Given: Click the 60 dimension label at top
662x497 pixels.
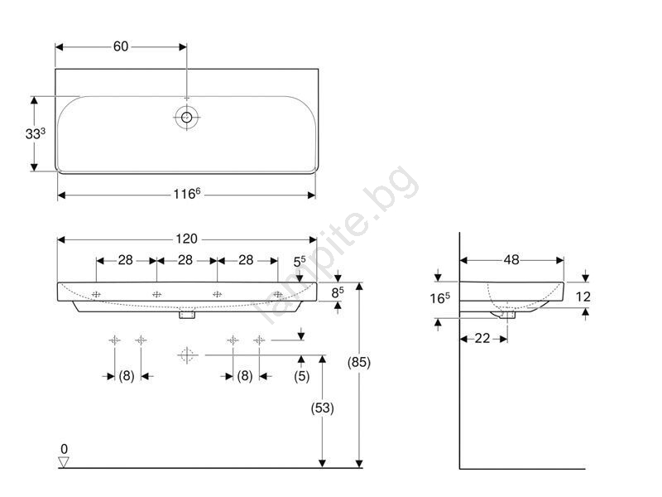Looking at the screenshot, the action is pos(121,46).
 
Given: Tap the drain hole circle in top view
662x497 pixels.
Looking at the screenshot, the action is pos(187,117).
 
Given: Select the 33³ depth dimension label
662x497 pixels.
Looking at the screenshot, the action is pos(36,133).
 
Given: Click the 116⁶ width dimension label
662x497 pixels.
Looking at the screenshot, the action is pos(187,194).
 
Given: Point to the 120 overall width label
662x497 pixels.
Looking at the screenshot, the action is pos(187,239).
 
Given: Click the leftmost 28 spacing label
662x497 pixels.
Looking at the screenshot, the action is pos(126,260).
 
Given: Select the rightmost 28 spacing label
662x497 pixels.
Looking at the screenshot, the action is pos(246,260).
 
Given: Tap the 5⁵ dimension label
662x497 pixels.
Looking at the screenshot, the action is pos(300,262).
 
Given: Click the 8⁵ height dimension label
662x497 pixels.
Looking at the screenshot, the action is pos(338,292).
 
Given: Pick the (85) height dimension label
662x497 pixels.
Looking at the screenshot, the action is pos(359,362).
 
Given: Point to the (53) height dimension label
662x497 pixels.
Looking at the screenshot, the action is pos(322,408).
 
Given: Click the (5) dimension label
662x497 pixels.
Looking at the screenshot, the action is pos(301,376).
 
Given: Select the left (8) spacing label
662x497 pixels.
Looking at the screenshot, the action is pos(127,376).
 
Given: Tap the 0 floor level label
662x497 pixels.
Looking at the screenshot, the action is pos(65,449).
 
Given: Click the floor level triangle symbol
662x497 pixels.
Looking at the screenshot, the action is pos(64,462).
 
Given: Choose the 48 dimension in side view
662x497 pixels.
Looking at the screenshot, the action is pos(511,259).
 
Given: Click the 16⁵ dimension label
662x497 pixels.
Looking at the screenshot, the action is pos(440,298).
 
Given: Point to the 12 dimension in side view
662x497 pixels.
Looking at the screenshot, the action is pos(583,297).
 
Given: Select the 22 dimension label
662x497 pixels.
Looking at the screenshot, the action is pos(482,338).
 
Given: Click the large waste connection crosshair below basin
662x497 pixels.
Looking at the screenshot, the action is pos(187,355).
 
